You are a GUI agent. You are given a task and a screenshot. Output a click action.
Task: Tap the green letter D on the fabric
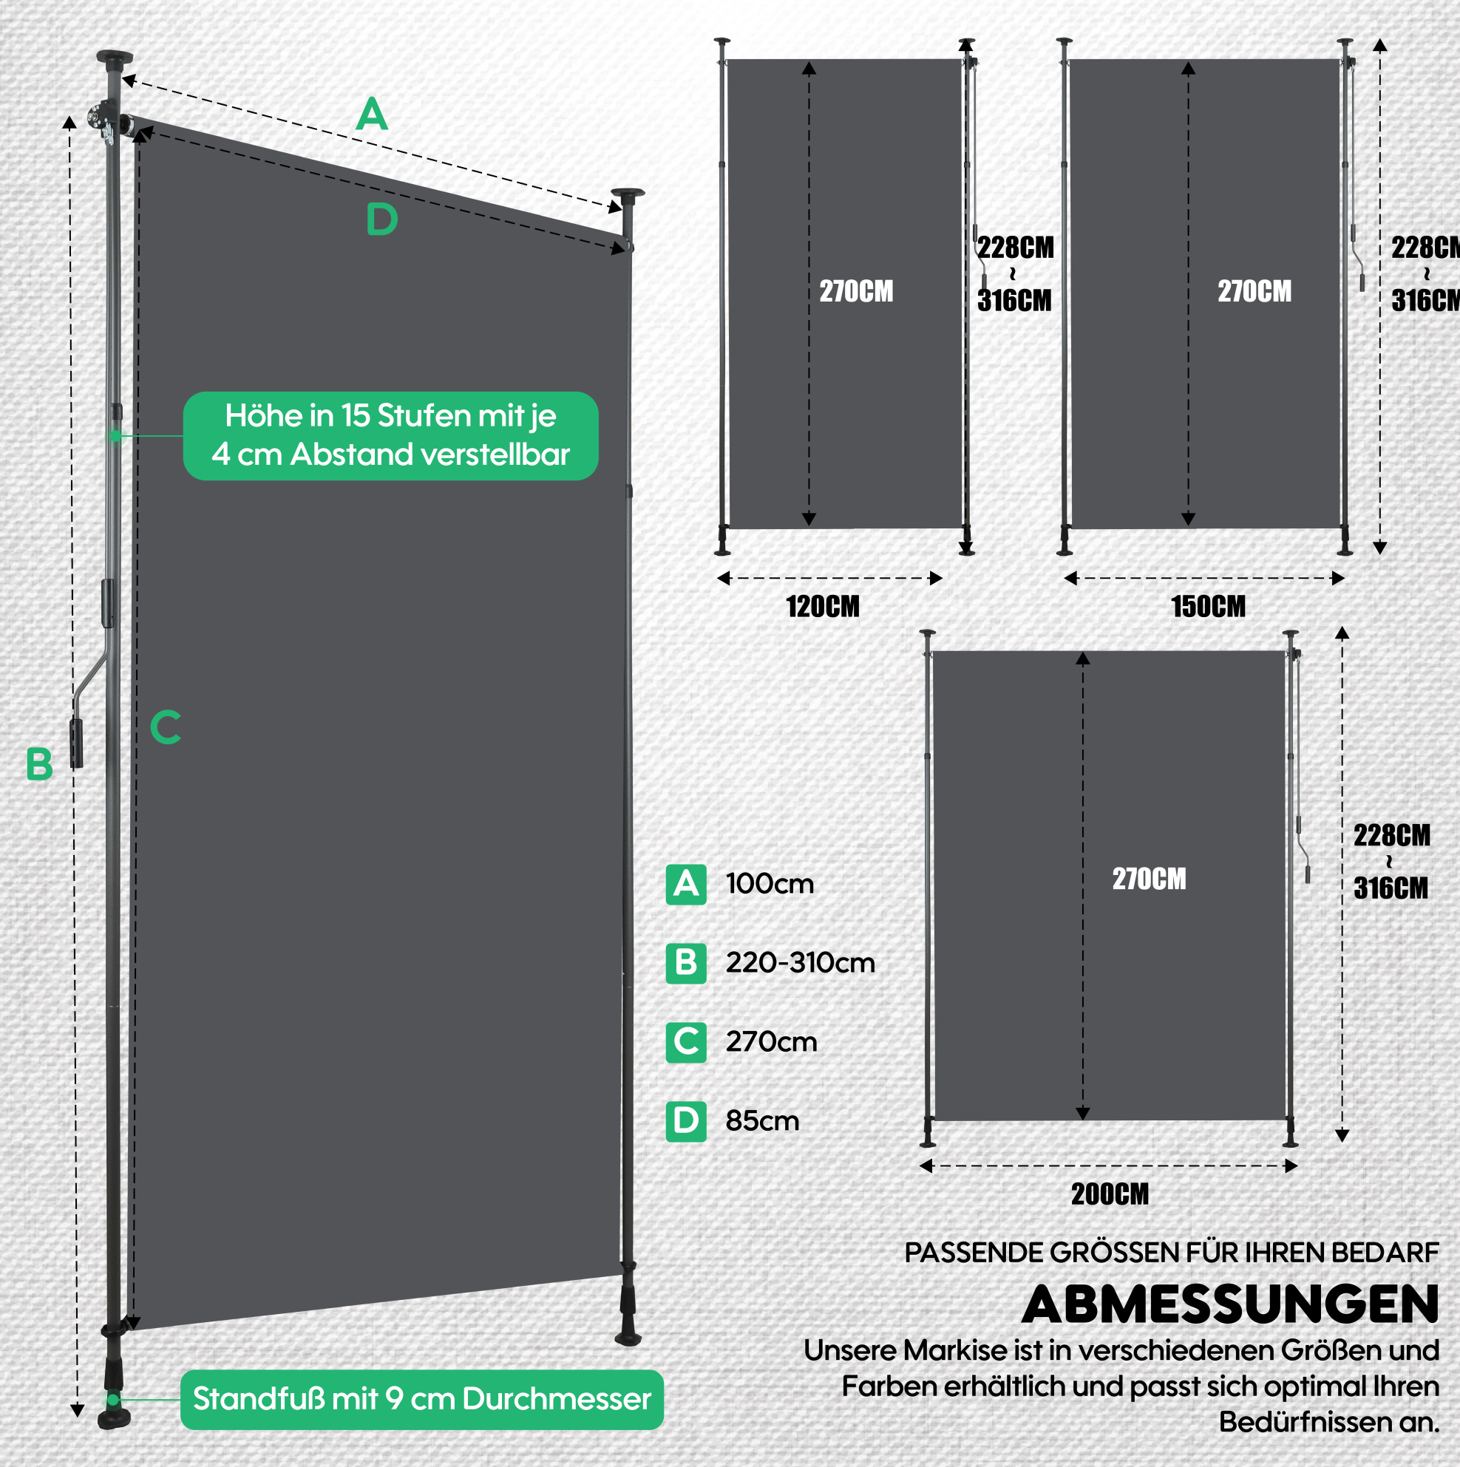point(382,219)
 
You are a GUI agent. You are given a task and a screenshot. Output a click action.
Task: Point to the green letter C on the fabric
point(166,726)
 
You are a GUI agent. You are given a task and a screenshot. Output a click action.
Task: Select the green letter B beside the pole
point(39,764)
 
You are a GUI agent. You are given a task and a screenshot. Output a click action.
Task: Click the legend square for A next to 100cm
point(686,884)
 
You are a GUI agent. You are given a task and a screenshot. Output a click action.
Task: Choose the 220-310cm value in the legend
point(801,963)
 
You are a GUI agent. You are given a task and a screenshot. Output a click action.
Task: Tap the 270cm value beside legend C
point(772,1042)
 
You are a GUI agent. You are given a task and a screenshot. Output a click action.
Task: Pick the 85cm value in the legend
point(763,1120)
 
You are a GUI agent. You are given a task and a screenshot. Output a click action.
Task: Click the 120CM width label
point(823,607)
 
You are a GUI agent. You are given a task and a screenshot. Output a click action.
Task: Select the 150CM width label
point(1209,607)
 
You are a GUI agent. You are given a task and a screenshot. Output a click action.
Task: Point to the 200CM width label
point(1110,1194)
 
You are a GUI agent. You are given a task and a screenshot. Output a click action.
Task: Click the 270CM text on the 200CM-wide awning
point(1150,879)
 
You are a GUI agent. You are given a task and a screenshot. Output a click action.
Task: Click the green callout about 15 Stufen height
point(390,436)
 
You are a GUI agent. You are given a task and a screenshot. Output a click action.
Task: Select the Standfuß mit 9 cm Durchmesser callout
point(421,1400)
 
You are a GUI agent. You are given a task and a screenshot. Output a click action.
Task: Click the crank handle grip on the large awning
point(77,743)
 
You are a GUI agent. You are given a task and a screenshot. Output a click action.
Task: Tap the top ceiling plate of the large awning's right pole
point(628,194)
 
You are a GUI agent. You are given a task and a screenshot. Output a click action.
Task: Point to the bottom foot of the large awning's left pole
point(114,1418)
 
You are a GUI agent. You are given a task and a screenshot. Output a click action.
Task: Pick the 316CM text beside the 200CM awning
point(1391,888)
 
